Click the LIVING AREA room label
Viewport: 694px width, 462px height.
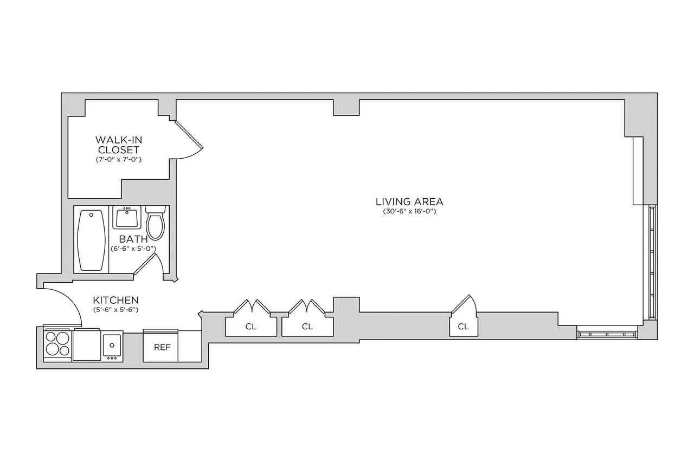(406, 201)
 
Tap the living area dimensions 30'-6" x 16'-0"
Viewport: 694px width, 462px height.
(406, 212)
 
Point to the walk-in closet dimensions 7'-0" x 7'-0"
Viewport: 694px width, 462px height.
(118, 160)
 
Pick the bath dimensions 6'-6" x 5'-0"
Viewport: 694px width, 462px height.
(133, 249)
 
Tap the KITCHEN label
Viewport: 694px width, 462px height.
(115, 300)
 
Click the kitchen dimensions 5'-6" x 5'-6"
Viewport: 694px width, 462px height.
(115, 310)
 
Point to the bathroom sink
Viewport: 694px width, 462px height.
(127, 218)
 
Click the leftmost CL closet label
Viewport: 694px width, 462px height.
(250, 327)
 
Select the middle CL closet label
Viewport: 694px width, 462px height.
(307, 327)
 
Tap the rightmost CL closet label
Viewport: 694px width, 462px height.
(463, 327)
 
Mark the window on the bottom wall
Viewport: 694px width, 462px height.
(607, 334)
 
